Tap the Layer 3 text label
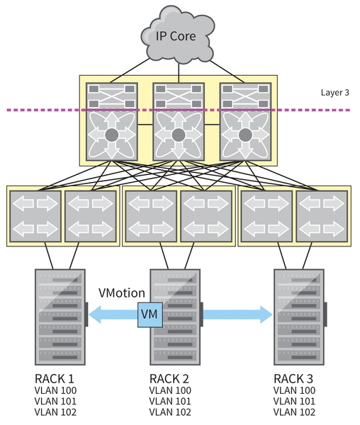pos(335,91)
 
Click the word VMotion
pos(121,293)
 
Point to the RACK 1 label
pos(55,377)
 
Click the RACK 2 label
pos(170,377)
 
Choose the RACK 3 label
pos(294,377)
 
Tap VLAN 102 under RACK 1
pos(55,412)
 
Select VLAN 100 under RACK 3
pos(294,390)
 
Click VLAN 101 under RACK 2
pos(170,401)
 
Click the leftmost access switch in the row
pos(35,215)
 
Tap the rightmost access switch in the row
pos(323,215)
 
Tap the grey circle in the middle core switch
pos(178,135)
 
